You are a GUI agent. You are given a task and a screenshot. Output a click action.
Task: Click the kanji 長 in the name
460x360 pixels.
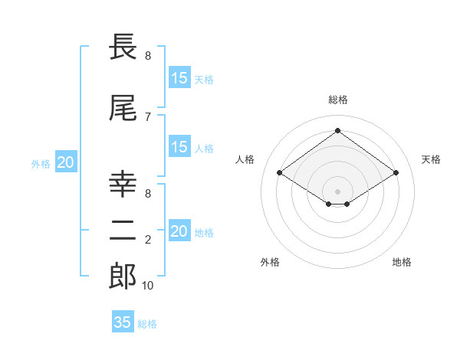point(123,47)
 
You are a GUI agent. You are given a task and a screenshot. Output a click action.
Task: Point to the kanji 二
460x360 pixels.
point(123,230)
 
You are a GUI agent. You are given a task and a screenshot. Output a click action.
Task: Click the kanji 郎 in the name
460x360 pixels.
point(123,277)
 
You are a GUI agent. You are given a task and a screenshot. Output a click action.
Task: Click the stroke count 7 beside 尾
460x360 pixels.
point(148,116)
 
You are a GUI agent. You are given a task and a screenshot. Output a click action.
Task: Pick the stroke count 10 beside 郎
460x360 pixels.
point(148,286)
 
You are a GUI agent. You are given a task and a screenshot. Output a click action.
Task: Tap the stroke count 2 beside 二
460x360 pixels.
point(148,240)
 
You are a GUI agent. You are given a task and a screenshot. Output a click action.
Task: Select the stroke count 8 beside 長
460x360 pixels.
point(148,56)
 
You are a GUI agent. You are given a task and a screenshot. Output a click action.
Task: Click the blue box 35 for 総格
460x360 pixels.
point(123,322)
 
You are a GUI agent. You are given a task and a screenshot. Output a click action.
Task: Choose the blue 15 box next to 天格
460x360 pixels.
point(179,78)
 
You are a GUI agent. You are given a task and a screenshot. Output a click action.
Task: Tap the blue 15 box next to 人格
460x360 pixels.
point(179,147)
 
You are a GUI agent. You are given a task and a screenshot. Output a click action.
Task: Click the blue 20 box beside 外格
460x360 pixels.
point(66,162)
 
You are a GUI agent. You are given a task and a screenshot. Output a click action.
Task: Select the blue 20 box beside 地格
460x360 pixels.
point(179,231)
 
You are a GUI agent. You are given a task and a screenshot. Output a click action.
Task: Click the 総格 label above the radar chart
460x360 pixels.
point(338,100)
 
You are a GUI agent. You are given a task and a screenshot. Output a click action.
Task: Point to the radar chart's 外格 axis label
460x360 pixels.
point(270,262)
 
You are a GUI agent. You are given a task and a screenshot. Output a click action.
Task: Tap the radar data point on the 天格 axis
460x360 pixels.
point(396,173)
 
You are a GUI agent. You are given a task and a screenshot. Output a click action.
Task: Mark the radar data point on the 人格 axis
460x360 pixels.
point(280,173)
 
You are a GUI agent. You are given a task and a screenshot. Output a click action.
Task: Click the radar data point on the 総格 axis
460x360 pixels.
point(338,130)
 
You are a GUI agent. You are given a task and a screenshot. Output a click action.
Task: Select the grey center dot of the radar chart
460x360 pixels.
point(338,190)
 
